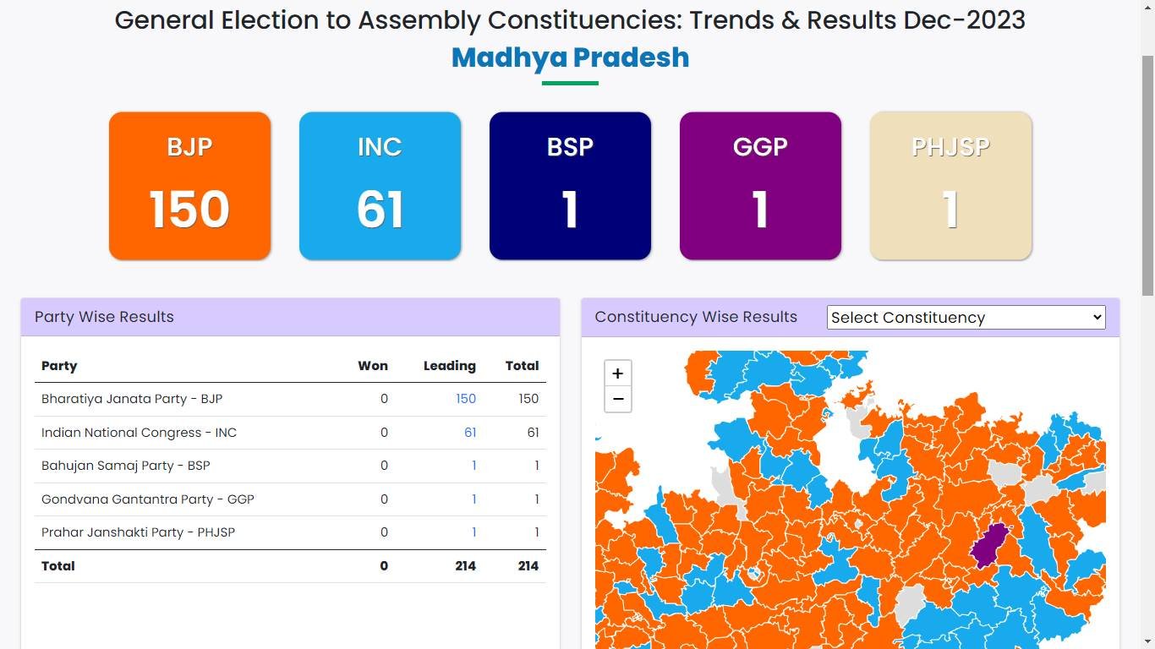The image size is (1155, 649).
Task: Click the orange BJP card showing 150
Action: [189, 186]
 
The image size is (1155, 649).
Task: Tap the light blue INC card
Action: [380, 186]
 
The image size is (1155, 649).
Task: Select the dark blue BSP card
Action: [570, 186]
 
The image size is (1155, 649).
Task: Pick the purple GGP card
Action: [760, 186]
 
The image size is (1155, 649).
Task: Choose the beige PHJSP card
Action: [950, 186]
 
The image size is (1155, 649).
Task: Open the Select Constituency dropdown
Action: [966, 318]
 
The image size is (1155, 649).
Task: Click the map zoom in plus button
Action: [618, 374]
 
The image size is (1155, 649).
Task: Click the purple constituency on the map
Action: [990, 546]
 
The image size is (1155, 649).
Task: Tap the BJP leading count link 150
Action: [466, 399]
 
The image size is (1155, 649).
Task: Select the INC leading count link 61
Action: [470, 433]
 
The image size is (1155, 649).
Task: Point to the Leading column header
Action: [449, 366]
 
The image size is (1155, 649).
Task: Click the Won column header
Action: [373, 366]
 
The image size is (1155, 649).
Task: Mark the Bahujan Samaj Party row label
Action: [126, 466]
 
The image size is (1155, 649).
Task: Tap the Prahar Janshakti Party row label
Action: [138, 532]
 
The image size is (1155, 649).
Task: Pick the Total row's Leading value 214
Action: [465, 566]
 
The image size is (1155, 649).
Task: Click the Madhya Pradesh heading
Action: [570, 57]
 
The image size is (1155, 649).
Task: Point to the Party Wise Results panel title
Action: [104, 317]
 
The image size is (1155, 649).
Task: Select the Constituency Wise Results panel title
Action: [696, 317]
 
